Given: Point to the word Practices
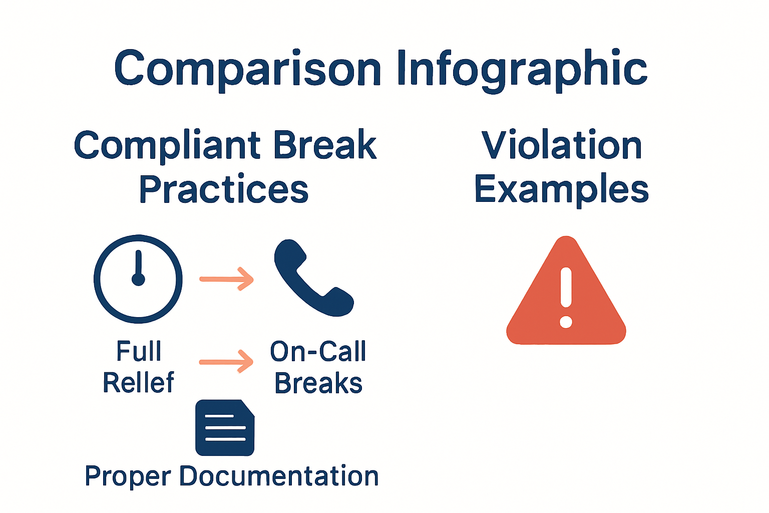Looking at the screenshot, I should point(224,189).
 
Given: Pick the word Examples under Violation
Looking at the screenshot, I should point(562,189).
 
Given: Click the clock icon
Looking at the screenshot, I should point(138,279).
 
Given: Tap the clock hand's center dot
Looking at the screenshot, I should point(138,279).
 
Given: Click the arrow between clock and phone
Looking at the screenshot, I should point(227,279).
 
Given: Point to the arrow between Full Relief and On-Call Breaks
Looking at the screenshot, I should point(227,361).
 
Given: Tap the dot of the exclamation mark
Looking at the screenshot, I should point(566,321).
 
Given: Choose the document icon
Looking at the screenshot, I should point(225,428).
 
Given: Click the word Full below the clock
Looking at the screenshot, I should point(139,351).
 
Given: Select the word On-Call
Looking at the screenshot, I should point(318,351).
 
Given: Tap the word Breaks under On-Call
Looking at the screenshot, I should point(318,384).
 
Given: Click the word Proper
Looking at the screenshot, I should point(128,476).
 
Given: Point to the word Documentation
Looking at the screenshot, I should point(279,475).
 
